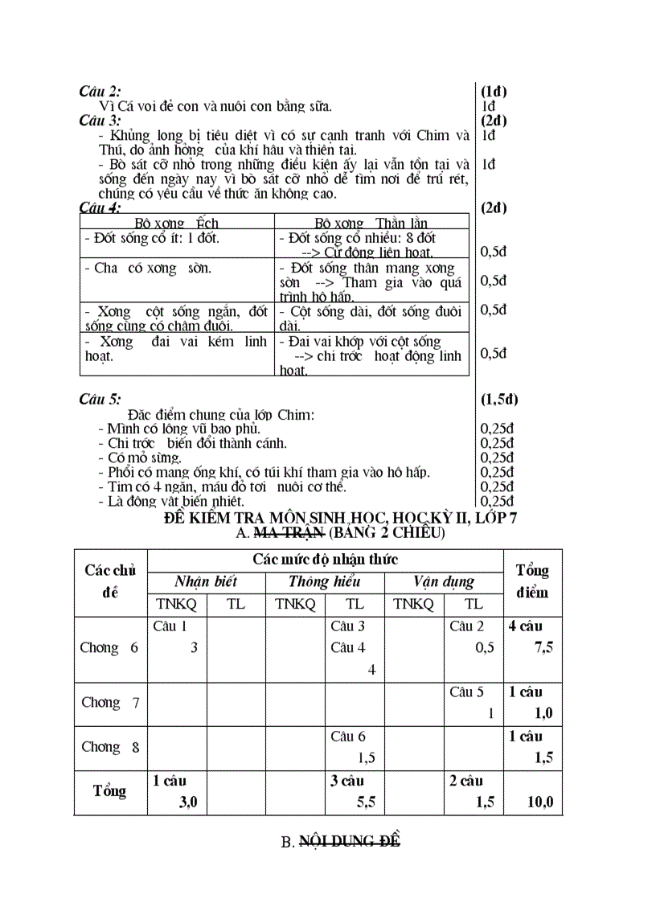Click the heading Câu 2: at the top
click(x=100, y=92)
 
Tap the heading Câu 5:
click(x=100, y=399)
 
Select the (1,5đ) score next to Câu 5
click(x=499, y=399)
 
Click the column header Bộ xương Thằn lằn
click(x=371, y=223)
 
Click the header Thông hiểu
click(x=325, y=581)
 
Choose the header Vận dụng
click(x=444, y=581)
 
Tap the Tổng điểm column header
click(x=532, y=581)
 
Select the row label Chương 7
click(x=110, y=703)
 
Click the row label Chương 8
click(x=110, y=747)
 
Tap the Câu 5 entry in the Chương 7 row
click(x=466, y=692)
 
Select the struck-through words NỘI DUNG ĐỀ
click(x=350, y=842)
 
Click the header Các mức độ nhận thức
click(x=325, y=559)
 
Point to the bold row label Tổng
click(x=110, y=791)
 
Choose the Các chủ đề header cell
click(x=110, y=581)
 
